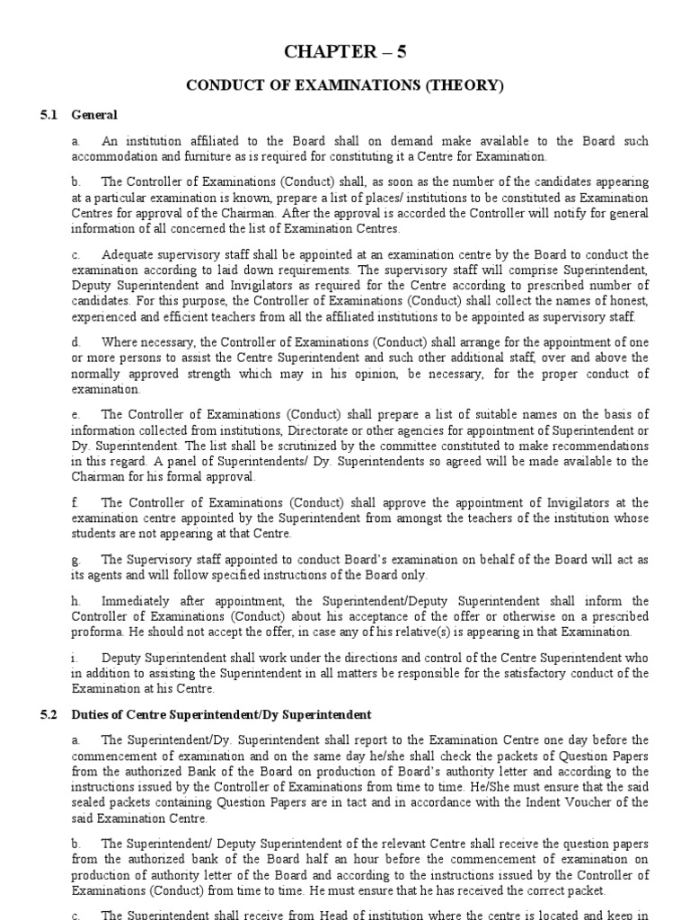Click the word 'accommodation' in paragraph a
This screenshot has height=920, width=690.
click(x=109, y=156)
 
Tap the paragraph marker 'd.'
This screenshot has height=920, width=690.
click(x=76, y=342)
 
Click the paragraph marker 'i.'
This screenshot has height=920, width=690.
click(x=75, y=658)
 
